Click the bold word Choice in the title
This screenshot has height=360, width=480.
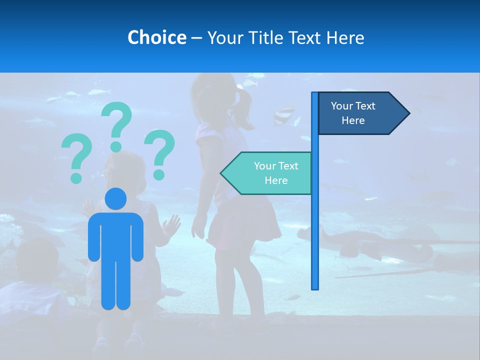pos(156,37)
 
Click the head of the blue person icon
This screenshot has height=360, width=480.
pos(115,198)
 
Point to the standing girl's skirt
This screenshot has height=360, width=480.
pos(245,225)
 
